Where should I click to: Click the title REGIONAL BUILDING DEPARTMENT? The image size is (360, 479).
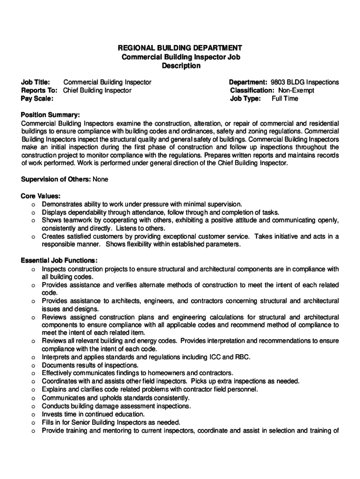tap(180, 48)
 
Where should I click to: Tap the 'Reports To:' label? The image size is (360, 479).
tap(39, 90)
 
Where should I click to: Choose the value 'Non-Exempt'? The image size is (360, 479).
tap(296, 90)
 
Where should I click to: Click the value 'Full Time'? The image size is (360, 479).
tap(285, 99)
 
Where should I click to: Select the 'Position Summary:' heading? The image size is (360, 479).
tap(50, 115)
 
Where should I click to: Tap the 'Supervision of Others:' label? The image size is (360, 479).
tap(56, 179)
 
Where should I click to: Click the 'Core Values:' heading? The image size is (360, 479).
tap(41, 196)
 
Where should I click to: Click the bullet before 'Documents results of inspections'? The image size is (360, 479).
tap(33, 365)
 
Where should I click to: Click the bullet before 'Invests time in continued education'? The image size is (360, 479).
tap(33, 414)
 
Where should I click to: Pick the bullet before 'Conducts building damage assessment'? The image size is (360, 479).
tap(33, 406)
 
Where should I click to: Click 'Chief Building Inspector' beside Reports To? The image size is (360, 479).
tap(97, 90)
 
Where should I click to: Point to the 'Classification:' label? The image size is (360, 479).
tap(252, 90)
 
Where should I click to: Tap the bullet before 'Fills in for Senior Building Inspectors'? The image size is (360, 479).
tap(33, 422)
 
